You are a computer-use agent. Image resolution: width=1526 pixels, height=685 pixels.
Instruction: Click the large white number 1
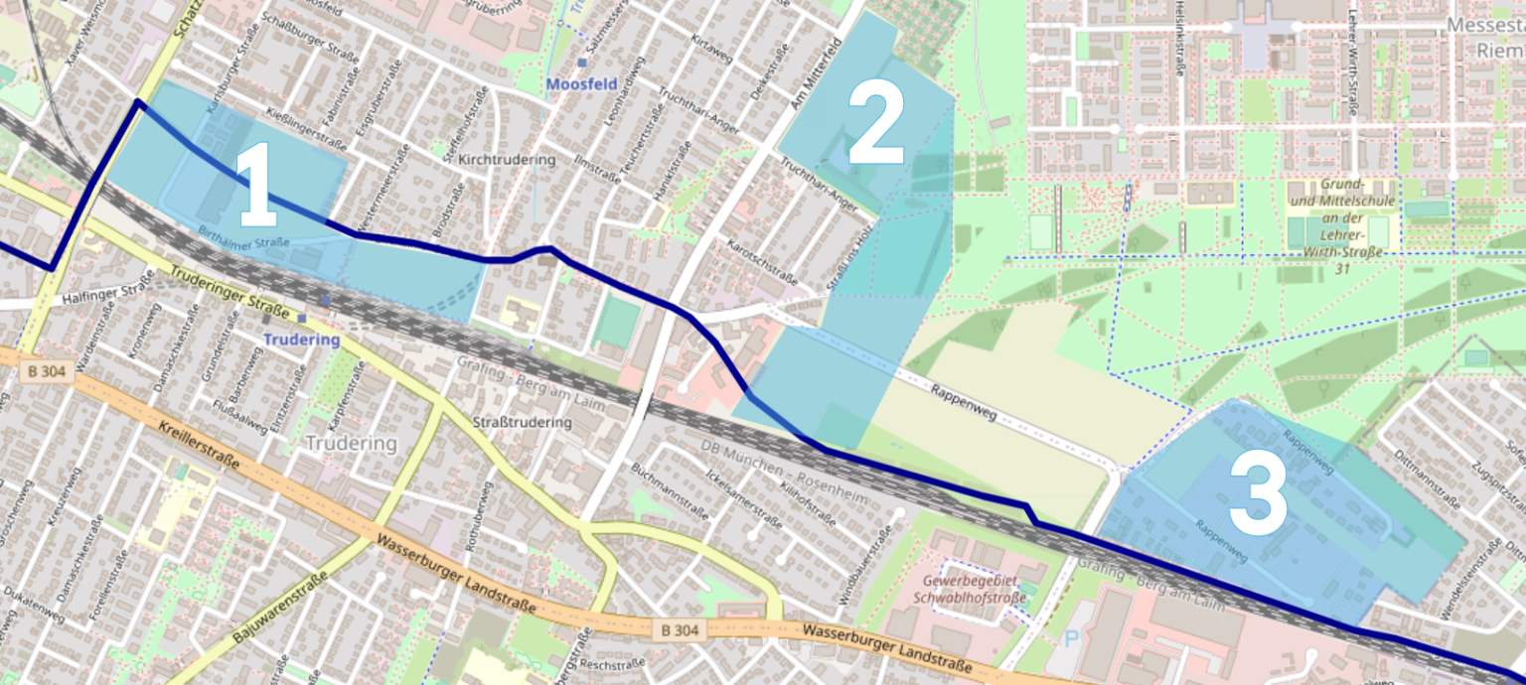point(257,186)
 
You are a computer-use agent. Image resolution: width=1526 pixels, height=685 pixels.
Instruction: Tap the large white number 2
point(876,124)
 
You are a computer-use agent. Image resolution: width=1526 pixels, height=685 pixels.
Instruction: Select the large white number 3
point(1258,495)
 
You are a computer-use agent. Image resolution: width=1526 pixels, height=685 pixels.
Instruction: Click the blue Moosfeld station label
point(581,83)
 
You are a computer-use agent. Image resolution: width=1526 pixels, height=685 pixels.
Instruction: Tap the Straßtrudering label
point(523,422)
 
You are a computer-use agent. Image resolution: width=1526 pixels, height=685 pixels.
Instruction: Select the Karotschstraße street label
point(763,262)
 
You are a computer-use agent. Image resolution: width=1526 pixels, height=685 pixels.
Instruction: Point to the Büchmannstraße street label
point(670,493)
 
